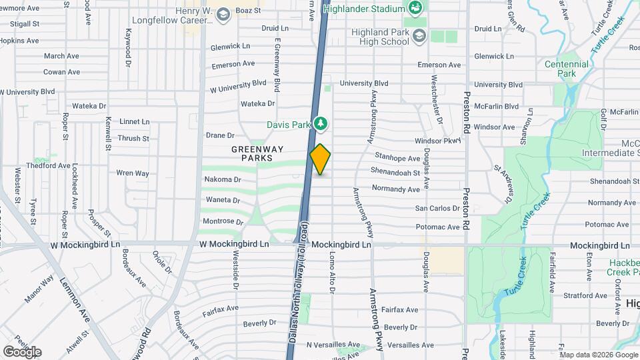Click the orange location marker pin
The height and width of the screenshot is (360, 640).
coord(321,159)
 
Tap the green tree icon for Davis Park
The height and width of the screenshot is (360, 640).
coord(321,123)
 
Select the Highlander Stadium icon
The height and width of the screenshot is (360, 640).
coord(416,9)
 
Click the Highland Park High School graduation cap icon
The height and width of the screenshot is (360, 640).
coord(419,35)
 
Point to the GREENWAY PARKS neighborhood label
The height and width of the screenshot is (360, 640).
coord(252,153)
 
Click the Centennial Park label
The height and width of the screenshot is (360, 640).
coord(567,69)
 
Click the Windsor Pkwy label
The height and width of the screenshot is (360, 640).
coord(437,141)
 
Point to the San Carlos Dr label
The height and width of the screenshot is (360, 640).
coord(437,209)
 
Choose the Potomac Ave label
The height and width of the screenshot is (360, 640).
coord(437,227)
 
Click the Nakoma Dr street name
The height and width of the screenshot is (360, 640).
coord(223,179)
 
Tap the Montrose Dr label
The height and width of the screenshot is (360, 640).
coord(223,221)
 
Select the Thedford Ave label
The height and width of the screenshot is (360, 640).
coord(49,165)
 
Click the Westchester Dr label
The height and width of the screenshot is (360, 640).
coord(436,100)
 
